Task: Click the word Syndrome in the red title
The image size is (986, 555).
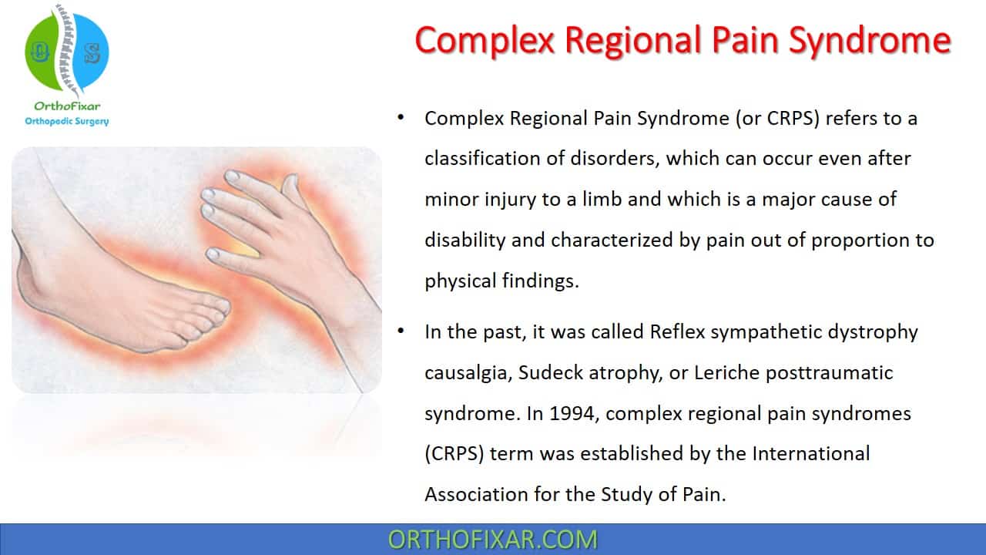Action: pos(870,42)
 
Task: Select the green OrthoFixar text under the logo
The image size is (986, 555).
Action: pos(67,106)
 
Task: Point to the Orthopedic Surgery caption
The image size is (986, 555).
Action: pos(67,121)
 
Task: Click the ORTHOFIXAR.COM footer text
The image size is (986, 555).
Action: pos(492,540)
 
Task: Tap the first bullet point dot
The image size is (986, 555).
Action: pos(401,118)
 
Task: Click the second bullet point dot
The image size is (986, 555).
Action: pos(401,331)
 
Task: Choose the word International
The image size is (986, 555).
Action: pos(811,454)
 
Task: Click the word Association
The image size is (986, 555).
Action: pos(476,494)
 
